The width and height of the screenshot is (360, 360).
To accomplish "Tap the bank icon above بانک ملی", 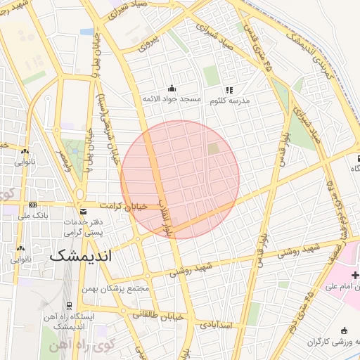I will pos(32,205).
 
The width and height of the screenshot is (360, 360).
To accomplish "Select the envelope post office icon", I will pos(84,212).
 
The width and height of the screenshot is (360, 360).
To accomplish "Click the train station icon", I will pos(69,305).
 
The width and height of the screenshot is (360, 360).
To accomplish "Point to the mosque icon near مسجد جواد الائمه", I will pos(172,88).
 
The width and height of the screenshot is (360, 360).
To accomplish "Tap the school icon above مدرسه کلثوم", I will pos(229,89).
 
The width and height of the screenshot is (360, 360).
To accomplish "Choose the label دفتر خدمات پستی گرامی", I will pos(84,226).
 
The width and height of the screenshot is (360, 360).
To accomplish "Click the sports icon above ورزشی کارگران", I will pos(344,330).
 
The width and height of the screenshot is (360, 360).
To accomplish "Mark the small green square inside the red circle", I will pos(213,149).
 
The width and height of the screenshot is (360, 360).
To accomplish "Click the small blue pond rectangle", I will pos(86,32).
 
